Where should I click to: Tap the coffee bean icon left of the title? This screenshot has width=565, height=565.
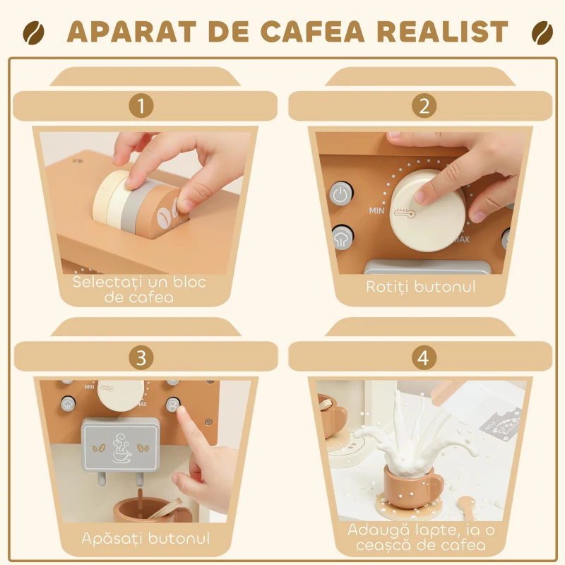tap(34, 32)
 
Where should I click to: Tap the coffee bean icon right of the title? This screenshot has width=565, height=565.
tap(541, 32)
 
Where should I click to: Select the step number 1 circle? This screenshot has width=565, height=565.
tap(141, 106)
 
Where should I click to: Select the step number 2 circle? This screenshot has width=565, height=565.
tap(424, 106)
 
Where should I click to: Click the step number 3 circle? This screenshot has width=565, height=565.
tap(141, 357)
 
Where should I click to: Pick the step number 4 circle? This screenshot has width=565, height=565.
tap(423, 357)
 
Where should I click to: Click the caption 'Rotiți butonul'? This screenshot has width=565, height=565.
tap(421, 286)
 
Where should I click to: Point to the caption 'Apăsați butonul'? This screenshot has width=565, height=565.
tap(145, 538)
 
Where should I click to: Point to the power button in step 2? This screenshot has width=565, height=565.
tap(340, 194)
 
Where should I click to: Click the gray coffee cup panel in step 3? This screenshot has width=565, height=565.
tap(122, 446)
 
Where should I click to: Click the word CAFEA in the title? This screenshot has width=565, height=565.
tap(311, 32)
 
